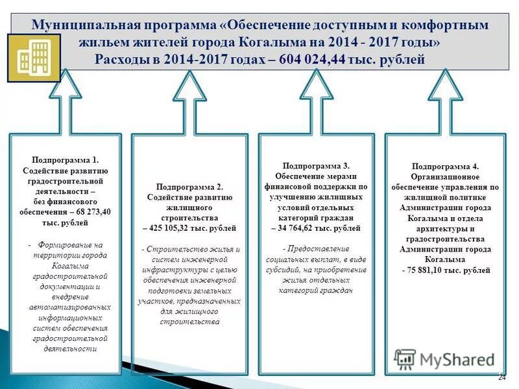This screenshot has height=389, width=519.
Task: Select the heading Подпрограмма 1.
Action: [x=65, y=159]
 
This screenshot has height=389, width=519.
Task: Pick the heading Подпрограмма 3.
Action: [x=316, y=165]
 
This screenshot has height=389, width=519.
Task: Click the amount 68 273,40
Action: [x=93, y=212]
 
